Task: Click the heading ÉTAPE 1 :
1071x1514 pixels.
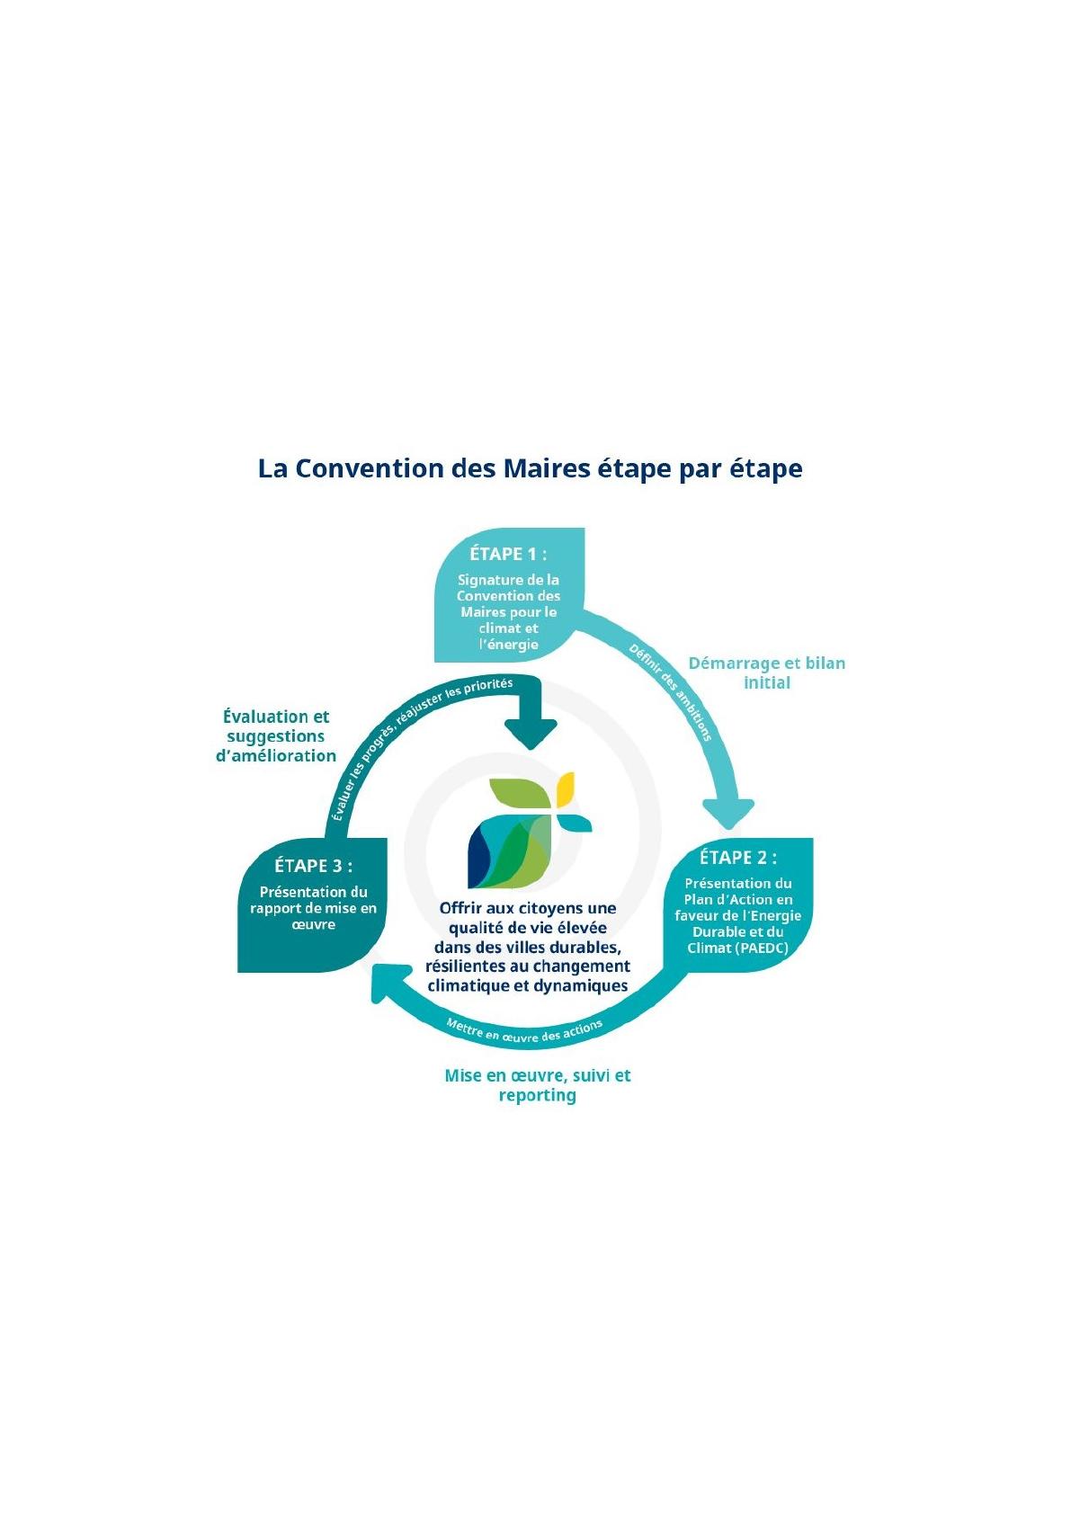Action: (x=508, y=554)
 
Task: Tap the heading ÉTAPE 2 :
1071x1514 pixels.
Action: (x=737, y=858)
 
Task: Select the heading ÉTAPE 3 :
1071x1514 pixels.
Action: (x=313, y=866)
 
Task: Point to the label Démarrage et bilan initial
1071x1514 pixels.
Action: (x=767, y=672)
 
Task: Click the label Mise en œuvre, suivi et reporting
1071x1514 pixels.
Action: (x=538, y=1085)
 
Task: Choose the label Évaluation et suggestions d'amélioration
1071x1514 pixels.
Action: (x=276, y=736)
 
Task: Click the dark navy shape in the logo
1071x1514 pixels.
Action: (x=478, y=858)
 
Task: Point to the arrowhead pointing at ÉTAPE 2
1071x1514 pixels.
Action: (x=728, y=813)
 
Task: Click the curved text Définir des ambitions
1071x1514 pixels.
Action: (x=670, y=692)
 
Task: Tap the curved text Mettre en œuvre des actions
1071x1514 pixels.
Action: (x=524, y=1032)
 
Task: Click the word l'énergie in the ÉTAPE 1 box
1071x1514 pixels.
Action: (x=508, y=644)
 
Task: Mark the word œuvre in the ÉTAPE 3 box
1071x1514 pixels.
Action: (x=313, y=924)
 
